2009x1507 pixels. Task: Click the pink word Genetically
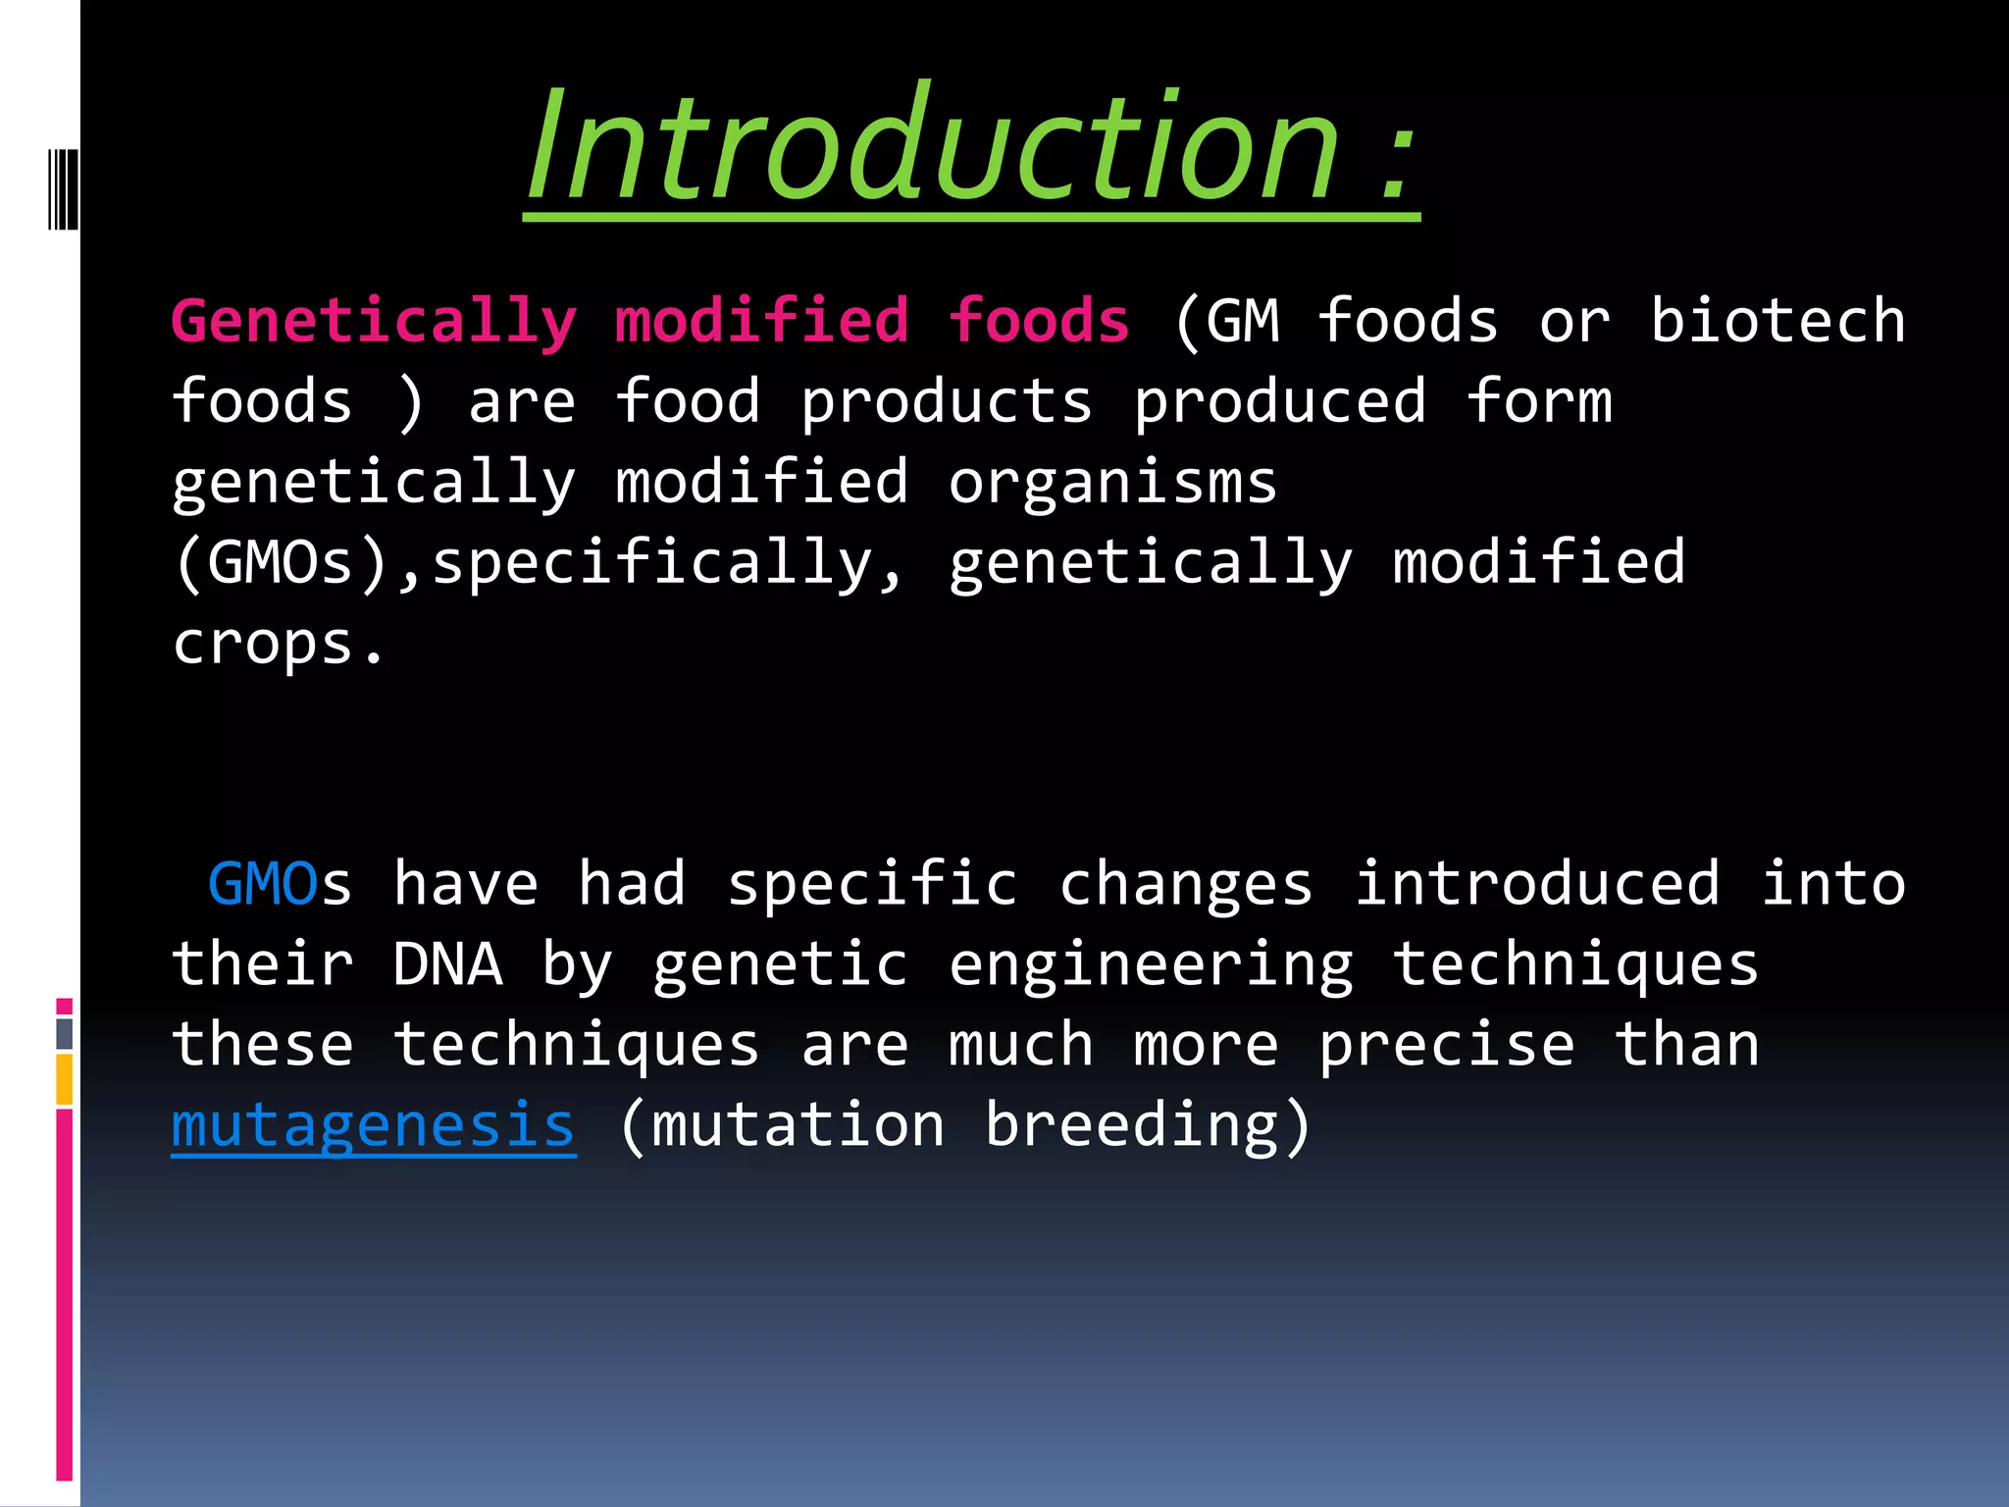point(374,322)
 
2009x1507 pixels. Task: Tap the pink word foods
point(1039,322)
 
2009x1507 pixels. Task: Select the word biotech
point(1777,322)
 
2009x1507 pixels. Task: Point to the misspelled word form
point(1539,402)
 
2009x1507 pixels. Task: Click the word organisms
point(1112,483)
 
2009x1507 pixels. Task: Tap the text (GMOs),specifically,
point(539,563)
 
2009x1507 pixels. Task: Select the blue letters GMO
point(263,884)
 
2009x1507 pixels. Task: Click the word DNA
point(447,964)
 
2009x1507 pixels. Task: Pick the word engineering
point(1150,964)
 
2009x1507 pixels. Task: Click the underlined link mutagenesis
point(374,1125)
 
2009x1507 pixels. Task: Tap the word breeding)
point(1148,1125)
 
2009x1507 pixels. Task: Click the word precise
point(1446,1045)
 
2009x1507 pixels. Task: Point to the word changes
point(1186,884)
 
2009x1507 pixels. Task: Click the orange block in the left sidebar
point(64,1079)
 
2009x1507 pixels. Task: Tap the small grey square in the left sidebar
point(64,1033)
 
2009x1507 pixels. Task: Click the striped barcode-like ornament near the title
point(64,188)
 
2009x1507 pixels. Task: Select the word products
point(946,402)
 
